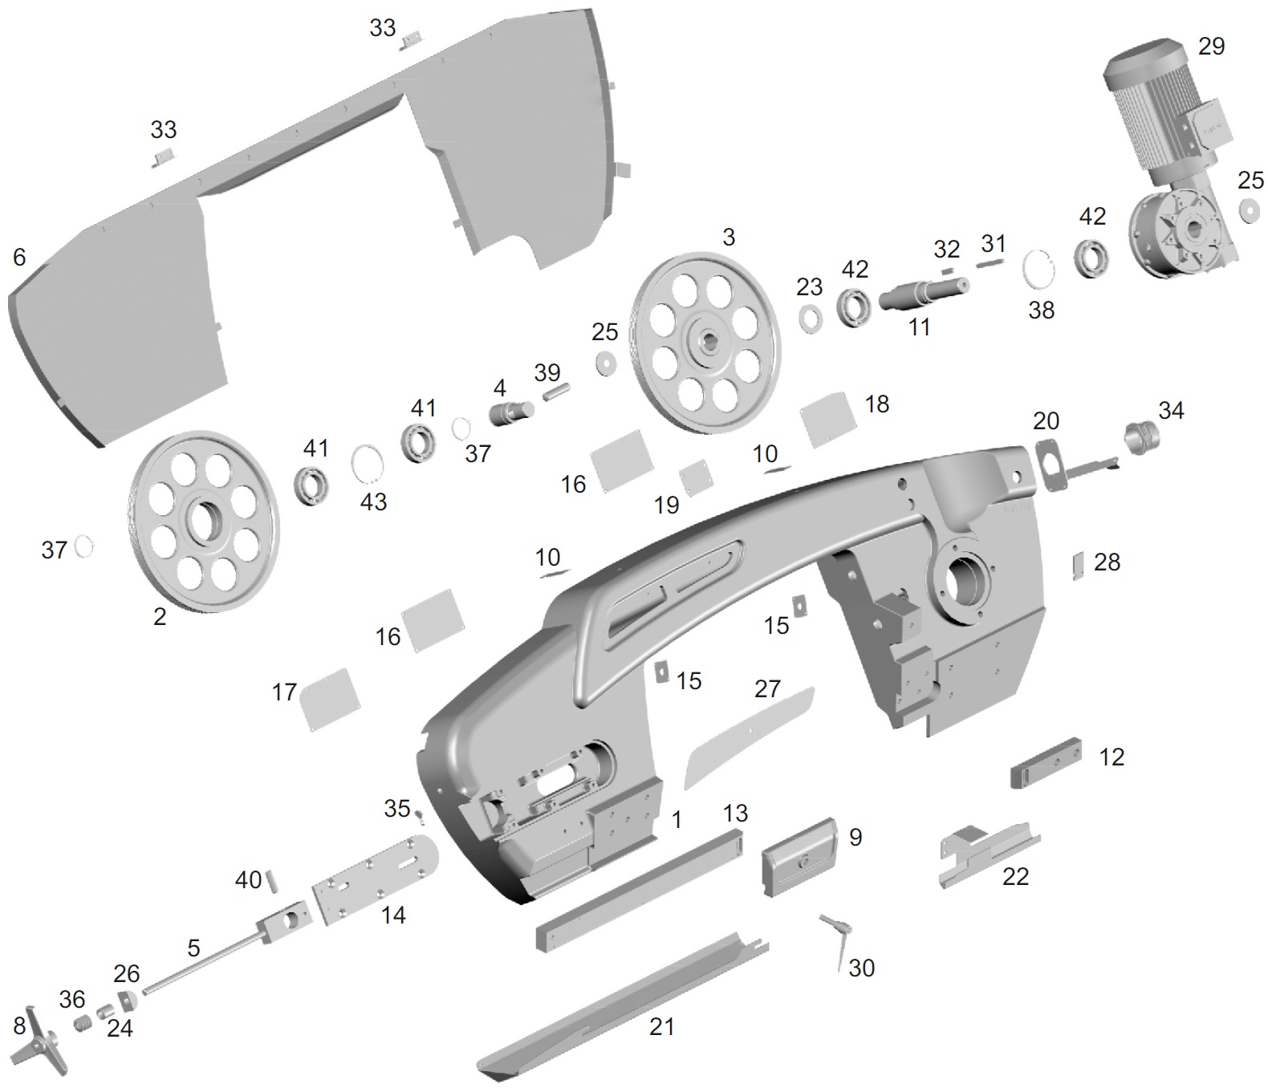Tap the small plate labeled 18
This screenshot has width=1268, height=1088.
point(827,418)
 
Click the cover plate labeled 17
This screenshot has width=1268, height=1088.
point(329,698)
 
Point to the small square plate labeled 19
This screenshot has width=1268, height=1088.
point(693,478)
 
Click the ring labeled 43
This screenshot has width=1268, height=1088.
point(368,462)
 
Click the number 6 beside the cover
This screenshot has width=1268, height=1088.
point(19,257)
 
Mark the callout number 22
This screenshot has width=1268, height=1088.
point(1015,876)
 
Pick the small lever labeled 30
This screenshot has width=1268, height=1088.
point(837,933)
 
